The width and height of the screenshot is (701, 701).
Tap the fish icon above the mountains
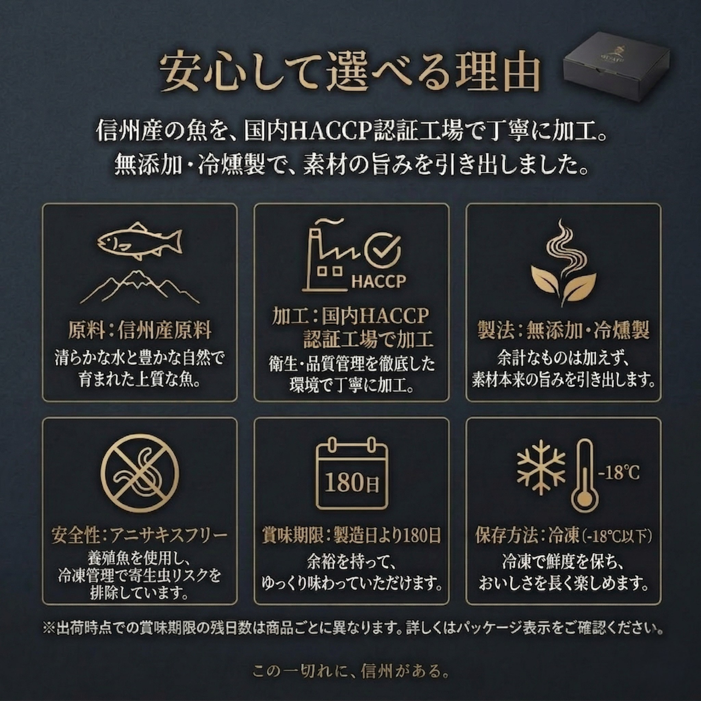click(139, 240)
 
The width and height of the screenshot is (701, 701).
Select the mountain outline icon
click(140, 287)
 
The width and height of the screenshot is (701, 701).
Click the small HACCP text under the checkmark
click(378, 281)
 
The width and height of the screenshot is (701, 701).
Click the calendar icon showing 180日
click(352, 473)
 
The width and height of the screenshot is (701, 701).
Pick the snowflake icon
click(541, 468)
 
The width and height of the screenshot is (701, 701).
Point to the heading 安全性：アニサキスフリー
click(140, 535)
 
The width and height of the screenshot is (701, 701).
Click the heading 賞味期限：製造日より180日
click(352, 535)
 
